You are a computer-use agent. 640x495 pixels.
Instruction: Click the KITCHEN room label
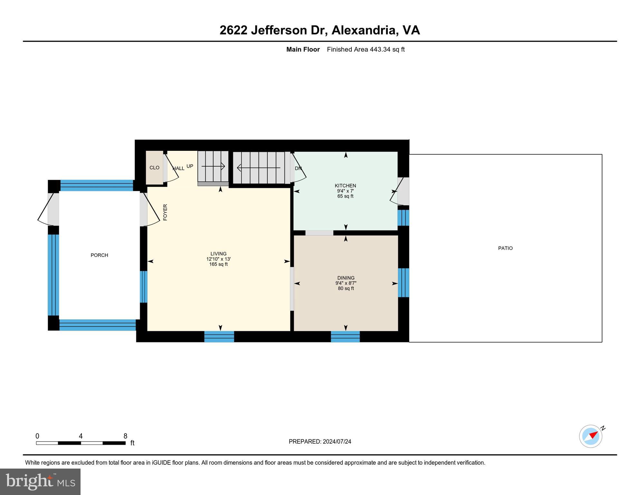click(345, 186)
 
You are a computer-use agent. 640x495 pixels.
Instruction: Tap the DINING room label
click(346, 278)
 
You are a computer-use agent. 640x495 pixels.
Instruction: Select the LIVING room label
click(218, 254)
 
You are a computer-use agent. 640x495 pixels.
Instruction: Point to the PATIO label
click(505, 248)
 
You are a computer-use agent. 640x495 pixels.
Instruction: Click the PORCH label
click(99, 255)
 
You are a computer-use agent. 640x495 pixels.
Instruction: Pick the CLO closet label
click(154, 168)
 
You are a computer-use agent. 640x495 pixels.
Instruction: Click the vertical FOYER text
click(165, 212)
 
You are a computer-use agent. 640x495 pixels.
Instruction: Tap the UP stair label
click(190, 166)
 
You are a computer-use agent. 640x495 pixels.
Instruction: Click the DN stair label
click(298, 168)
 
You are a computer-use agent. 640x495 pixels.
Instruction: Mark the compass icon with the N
click(591, 436)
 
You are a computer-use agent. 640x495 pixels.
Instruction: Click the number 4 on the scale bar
click(81, 436)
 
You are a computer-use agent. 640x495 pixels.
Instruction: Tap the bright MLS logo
click(40, 481)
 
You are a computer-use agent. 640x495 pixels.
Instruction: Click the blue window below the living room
click(219, 336)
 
